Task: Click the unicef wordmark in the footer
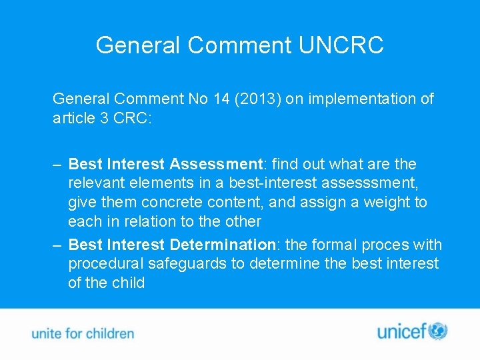[x=401, y=331]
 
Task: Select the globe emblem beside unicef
[x=438, y=331]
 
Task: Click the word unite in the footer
[x=47, y=333]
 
